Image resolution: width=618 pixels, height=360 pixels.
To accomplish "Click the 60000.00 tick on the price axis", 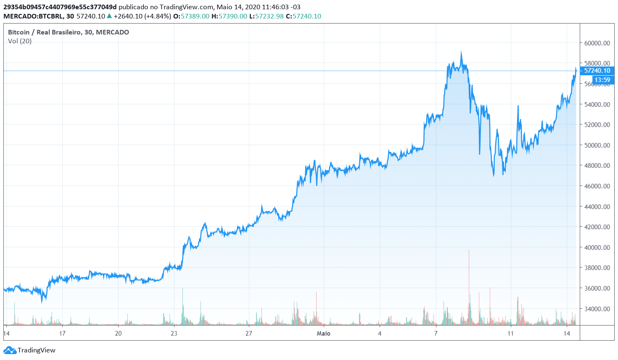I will pyautogui.click(x=597, y=43).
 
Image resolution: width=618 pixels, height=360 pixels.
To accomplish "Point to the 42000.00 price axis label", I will pyautogui.click(x=597, y=227).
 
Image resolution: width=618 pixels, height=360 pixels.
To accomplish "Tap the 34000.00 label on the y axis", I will pyautogui.click(x=597, y=309).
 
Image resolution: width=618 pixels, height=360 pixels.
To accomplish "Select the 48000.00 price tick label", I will pyautogui.click(x=597, y=166).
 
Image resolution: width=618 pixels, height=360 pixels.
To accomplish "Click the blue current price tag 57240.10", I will pyautogui.click(x=597, y=71).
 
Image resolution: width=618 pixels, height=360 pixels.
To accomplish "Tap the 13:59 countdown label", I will pyautogui.click(x=602, y=80).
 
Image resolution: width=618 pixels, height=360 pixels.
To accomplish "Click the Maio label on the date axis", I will pyautogui.click(x=323, y=334).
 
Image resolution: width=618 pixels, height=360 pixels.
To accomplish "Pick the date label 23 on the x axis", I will pyautogui.click(x=174, y=334).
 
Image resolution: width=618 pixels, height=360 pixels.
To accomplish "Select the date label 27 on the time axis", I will pyautogui.click(x=249, y=334).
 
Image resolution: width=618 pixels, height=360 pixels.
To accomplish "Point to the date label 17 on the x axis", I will pyautogui.click(x=62, y=334).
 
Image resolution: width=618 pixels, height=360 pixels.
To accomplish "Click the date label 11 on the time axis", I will pyautogui.click(x=510, y=334).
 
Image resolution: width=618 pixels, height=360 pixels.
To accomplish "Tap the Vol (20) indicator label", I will pyautogui.click(x=20, y=41).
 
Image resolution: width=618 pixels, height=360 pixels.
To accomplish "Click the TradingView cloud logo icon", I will pyautogui.click(x=10, y=350).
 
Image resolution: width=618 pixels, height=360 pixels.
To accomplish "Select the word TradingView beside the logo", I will pyautogui.click(x=37, y=350).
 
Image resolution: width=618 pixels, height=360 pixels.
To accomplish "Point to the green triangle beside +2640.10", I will pyautogui.click(x=109, y=16).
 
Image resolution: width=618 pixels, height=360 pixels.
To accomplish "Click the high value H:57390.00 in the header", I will pyautogui.click(x=229, y=16).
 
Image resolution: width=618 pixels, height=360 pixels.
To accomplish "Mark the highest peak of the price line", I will pyautogui.click(x=461, y=52).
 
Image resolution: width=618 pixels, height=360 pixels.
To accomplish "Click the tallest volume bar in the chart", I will pyautogui.click(x=469, y=251).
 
